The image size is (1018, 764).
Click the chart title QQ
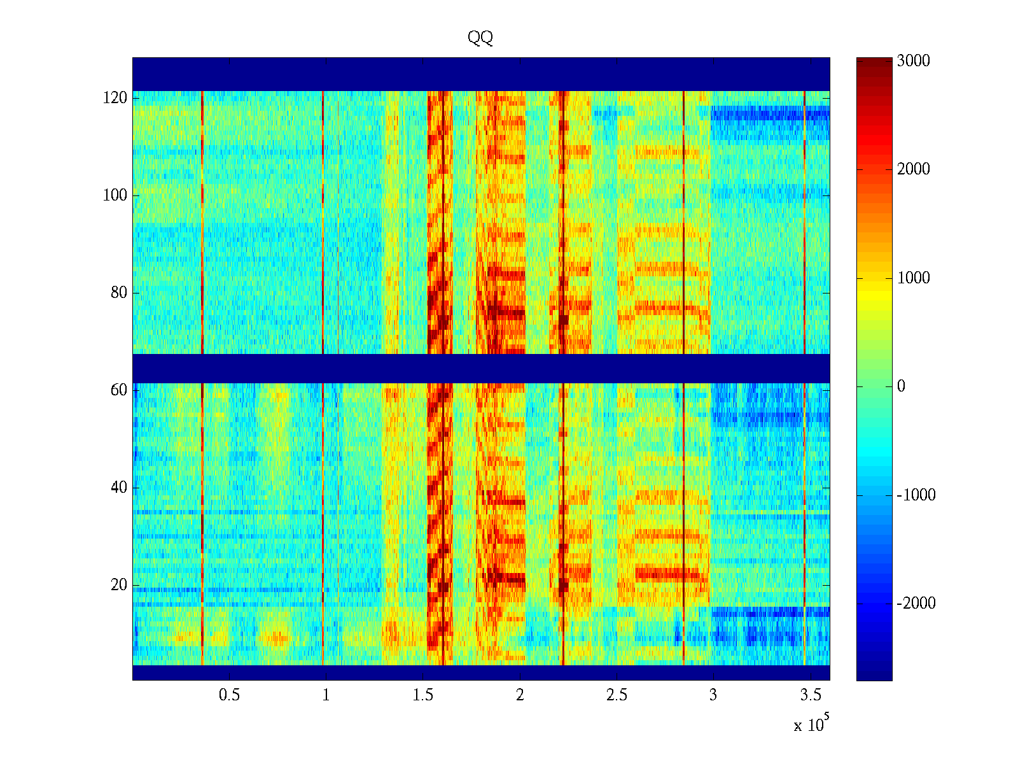[480, 38]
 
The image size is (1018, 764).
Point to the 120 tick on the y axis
[115, 98]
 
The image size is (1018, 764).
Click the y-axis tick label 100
[115, 195]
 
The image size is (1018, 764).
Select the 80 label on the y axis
[118, 293]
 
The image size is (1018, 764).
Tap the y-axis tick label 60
[118, 390]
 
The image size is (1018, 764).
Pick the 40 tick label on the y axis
[118, 488]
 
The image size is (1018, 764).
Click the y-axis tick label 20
[118, 585]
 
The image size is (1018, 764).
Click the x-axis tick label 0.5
[229, 695]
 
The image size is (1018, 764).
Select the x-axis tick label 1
[326, 695]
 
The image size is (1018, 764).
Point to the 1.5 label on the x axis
[422, 695]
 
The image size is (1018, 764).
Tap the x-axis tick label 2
[520, 695]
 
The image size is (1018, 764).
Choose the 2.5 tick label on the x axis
[617, 695]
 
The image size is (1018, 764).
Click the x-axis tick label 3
[713, 695]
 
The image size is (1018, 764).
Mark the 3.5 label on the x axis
[810, 695]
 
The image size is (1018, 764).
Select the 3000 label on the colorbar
[913, 61]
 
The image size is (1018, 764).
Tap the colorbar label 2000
[913, 169]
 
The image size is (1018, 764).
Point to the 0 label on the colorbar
[901, 386]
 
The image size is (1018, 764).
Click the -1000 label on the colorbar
[916, 495]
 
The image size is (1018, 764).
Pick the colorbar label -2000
[916, 604]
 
